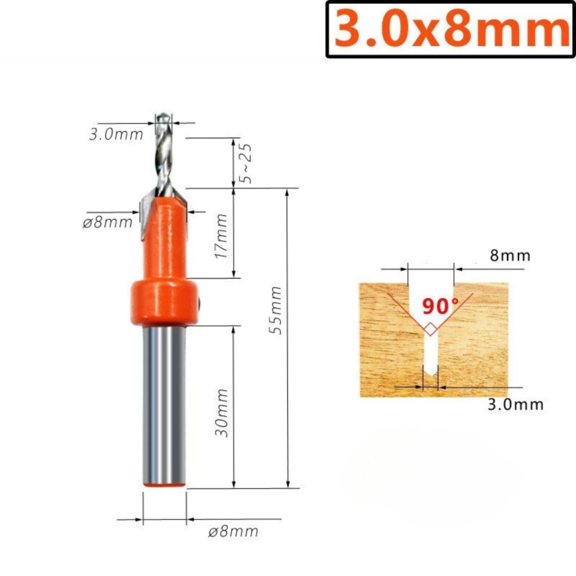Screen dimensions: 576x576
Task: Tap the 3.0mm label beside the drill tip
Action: [x=116, y=134]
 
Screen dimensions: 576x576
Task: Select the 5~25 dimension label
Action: [x=245, y=163]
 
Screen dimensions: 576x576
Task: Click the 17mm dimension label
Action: [x=221, y=236]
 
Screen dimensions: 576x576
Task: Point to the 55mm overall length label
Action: [x=275, y=310]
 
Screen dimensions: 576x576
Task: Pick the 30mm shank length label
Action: [x=222, y=412]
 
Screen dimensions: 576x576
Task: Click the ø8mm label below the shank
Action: [x=233, y=532]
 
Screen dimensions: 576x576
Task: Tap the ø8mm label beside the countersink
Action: [x=107, y=222]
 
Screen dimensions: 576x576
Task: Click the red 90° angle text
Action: [x=440, y=306]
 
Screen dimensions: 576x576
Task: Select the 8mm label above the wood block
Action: [x=510, y=255]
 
